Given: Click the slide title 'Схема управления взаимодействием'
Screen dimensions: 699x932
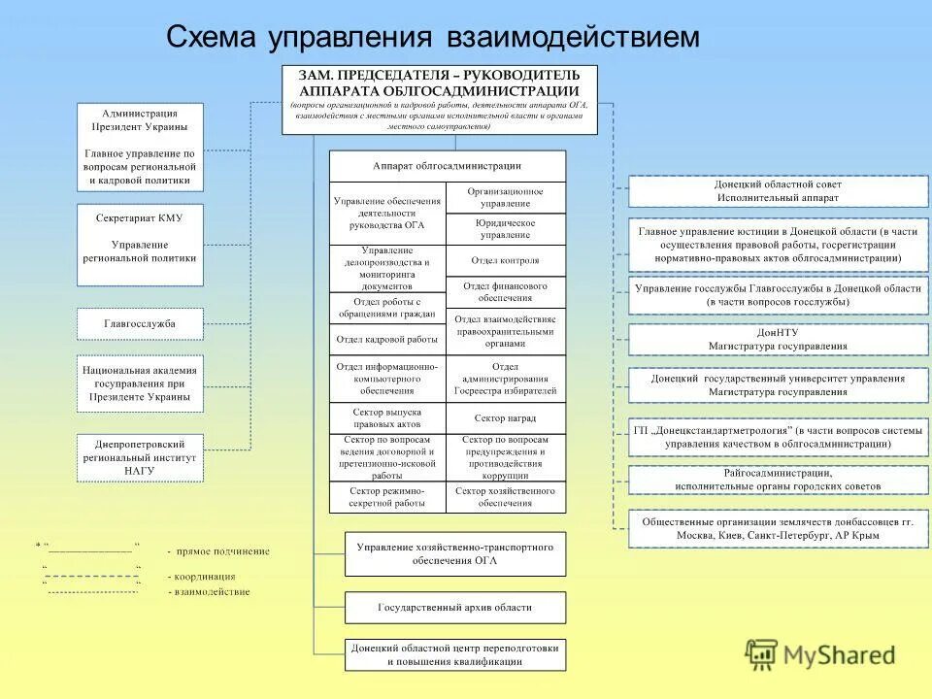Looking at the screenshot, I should pos(432,37).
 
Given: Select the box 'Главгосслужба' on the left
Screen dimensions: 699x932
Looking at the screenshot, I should pos(140,323).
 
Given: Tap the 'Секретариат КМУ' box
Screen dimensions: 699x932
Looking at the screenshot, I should pos(140,244).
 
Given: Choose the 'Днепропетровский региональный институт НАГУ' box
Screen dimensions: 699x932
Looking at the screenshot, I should pos(140,457).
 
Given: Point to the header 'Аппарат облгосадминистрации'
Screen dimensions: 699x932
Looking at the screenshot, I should pos(447,166).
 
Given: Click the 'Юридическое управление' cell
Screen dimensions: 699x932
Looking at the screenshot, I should pos(505,229).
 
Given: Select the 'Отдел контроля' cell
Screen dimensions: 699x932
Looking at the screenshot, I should pos(505,260).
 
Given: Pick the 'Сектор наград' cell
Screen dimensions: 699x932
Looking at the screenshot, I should pos(505,418).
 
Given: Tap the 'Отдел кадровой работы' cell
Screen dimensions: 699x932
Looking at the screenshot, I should pos(386,339).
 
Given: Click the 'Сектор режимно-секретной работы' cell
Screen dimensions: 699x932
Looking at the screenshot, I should pos(386,497).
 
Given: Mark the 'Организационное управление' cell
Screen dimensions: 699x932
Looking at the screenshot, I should pos(505,198).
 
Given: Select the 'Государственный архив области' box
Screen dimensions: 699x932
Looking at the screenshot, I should pos(454,608).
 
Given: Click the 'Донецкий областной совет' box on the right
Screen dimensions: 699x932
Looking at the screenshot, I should pos(778,190).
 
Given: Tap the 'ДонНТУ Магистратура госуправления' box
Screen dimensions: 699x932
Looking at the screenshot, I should pos(778,339).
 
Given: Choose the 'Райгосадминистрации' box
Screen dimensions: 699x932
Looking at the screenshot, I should pos(778,480).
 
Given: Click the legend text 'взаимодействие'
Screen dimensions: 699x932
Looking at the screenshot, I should pos(212,591).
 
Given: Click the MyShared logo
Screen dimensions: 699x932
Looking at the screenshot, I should pos(820,655).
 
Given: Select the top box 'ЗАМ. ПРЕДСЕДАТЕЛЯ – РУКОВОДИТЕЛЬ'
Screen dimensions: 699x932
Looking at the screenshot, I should pos(439,98).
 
